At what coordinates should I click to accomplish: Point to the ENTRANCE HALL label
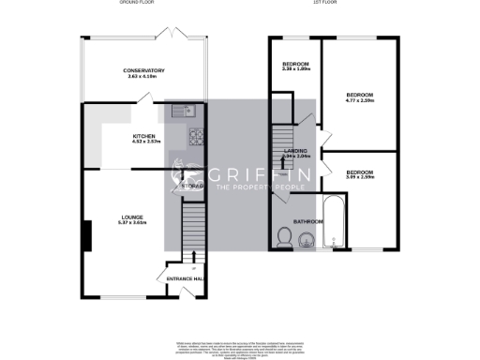(186, 279)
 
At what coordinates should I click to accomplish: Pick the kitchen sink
(178, 112)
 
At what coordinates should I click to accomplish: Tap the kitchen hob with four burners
(196, 138)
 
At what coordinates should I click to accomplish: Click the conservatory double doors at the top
(172, 34)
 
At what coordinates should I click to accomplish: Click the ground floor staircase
(191, 230)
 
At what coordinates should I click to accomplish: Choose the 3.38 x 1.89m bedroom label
(294, 67)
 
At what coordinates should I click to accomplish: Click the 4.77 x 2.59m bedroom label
(360, 97)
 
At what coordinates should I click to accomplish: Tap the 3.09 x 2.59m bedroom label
(360, 174)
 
